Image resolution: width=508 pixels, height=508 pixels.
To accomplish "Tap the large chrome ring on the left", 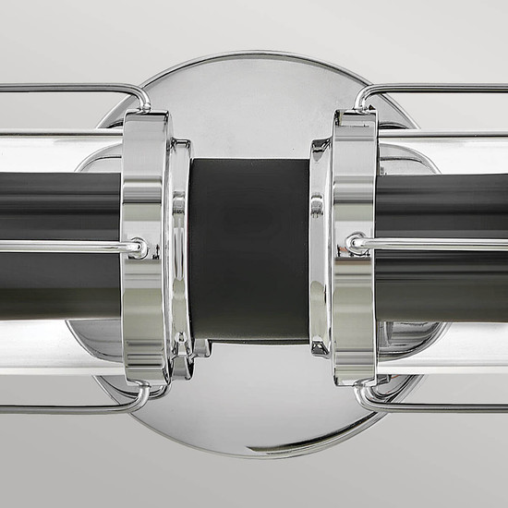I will click(x=146, y=185).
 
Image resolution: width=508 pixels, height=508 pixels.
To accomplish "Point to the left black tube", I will click(x=55, y=208).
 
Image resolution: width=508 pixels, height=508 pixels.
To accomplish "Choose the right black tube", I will click(x=443, y=208).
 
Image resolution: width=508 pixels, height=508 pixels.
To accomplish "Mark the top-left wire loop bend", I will click(x=141, y=94).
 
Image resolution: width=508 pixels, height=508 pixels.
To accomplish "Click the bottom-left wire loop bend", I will click(x=140, y=399).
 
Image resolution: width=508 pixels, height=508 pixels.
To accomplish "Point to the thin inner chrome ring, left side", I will click(x=181, y=259).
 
